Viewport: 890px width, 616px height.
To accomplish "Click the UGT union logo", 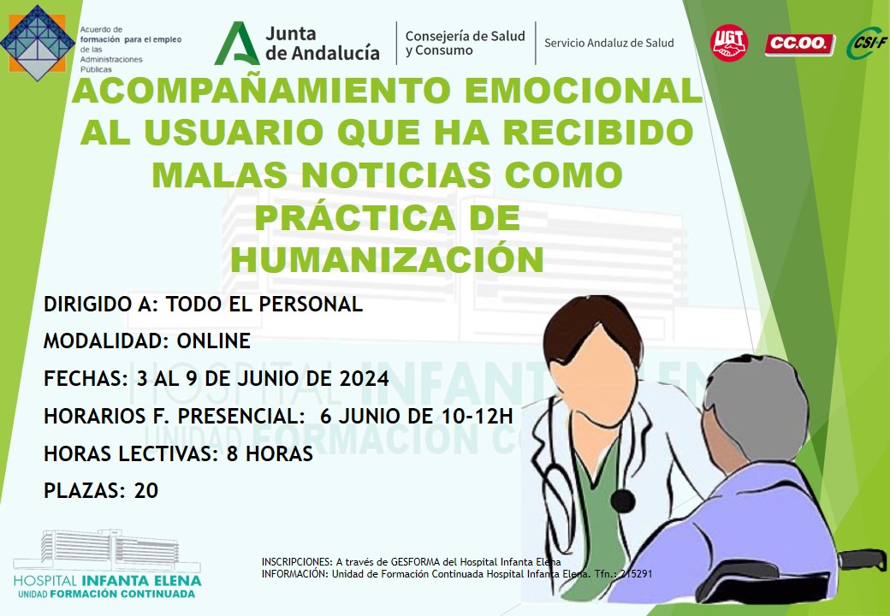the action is coord(729,43).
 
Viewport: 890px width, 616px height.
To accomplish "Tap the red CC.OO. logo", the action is coord(800,44).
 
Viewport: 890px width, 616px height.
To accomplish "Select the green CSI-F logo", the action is coord(866,43).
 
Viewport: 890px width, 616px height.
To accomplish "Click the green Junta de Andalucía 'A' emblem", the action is coord(237,43).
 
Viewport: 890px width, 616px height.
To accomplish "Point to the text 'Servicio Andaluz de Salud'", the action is coord(609,43).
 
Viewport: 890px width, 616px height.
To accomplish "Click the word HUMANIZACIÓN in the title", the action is coord(387,259).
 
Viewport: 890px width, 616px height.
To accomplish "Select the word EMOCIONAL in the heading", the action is coord(584,91).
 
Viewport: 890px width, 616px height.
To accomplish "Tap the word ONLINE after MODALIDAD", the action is coord(214,341).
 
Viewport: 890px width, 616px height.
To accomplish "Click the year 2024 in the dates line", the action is coord(364,378).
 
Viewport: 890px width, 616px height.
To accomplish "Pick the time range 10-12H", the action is coord(477,416).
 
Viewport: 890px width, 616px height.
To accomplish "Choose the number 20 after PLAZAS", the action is coord(145,490).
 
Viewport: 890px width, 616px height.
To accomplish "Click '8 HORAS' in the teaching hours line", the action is coord(270,453).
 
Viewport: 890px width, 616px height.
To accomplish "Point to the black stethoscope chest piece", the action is coord(623,501).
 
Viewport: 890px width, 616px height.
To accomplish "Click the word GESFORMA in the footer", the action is coord(415,562).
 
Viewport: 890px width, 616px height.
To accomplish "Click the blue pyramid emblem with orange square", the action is coord(38,43).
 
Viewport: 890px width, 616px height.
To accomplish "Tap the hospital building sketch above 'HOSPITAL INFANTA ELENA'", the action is coord(107,550).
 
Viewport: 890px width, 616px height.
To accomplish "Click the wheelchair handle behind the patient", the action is coord(863,560).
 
